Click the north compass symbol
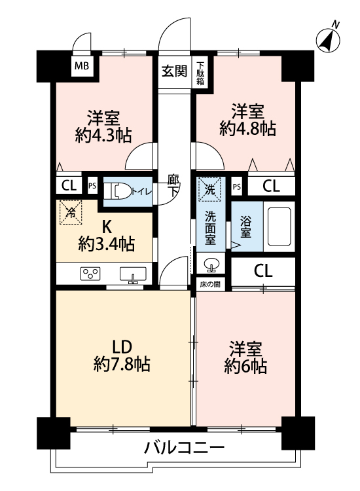[329, 39]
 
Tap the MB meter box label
[82, 66]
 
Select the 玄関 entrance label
[174, 71]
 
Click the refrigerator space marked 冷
[71, 212]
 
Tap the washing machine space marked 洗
[209, 189]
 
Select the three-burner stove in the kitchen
[90, 274]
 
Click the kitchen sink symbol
[133, 274]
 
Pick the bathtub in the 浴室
[279, 226]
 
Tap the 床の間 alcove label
[210, 284]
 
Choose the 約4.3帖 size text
[103, 136]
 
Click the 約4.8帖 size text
[247, 129]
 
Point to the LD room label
[122, 346]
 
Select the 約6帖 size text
[245, 367]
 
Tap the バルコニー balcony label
[185, 448]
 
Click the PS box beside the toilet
[92, 186]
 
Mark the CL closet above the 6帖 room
[263, 271]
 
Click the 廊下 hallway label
[173, 185]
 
